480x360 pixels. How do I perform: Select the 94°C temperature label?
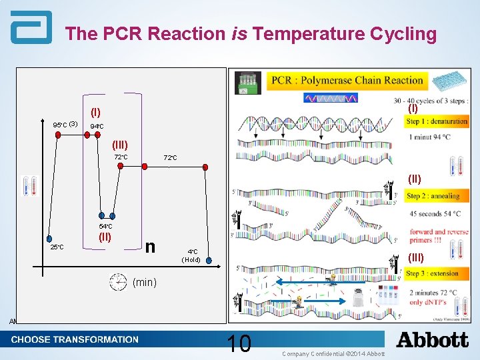(x=97, y=126)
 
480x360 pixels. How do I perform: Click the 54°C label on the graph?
(x=106, y=227)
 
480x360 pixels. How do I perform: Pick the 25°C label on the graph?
(x=56, y=247)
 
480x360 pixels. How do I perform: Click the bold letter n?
(x=151, y=246)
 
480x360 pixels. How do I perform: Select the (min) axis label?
(x=145, y=283)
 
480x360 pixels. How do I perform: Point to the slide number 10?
(x=239, y=344)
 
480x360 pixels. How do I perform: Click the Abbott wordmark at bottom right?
(x=432, y=340)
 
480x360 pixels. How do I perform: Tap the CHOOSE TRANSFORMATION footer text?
(x=75, y=339)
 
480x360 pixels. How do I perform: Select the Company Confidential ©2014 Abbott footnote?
(x=333, y=353)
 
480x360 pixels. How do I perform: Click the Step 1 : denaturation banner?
(x=437, y=121)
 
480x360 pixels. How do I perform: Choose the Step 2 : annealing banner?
(x=433, y=196)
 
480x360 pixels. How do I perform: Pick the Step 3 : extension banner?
(x=433, y=273)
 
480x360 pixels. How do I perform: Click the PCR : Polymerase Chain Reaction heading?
(x=347, y=81)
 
